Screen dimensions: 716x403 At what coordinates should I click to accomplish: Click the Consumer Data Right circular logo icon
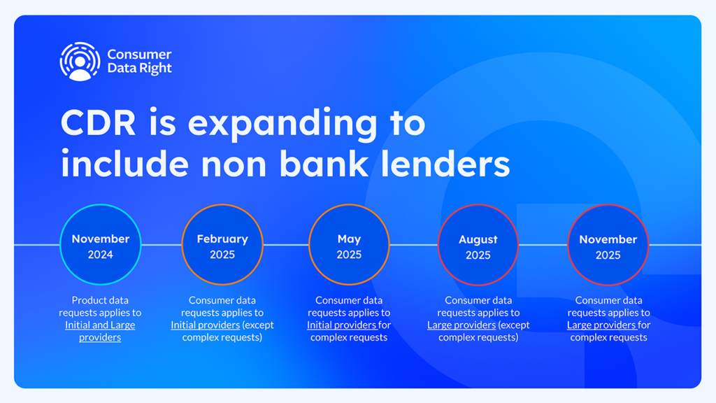coord(80,62)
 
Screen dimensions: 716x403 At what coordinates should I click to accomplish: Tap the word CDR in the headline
coord(98,122)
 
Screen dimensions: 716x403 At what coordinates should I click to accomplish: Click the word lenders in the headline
coord(445,164)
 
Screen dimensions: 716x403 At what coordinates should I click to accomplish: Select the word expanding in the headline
coord(282,125)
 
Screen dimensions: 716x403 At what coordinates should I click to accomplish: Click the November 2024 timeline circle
coord(101,244)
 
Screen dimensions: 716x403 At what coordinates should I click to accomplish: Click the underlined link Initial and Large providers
coord(100,331)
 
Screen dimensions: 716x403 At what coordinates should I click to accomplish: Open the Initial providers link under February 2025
coord(205,325)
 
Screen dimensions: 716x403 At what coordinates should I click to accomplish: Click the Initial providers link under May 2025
coord(342,325)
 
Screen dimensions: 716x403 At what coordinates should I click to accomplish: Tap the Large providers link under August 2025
coord(461,325)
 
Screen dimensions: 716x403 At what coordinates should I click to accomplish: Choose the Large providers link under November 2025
coord(602,325)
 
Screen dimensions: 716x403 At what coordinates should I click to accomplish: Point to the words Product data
coord(100,300)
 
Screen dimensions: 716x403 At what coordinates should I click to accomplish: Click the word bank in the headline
coord(324,164)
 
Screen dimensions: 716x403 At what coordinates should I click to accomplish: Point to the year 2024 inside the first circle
coord(101,255)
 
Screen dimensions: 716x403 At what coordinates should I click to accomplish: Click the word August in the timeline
coord(478,239)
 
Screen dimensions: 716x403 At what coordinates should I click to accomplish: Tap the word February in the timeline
coord(222,239)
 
